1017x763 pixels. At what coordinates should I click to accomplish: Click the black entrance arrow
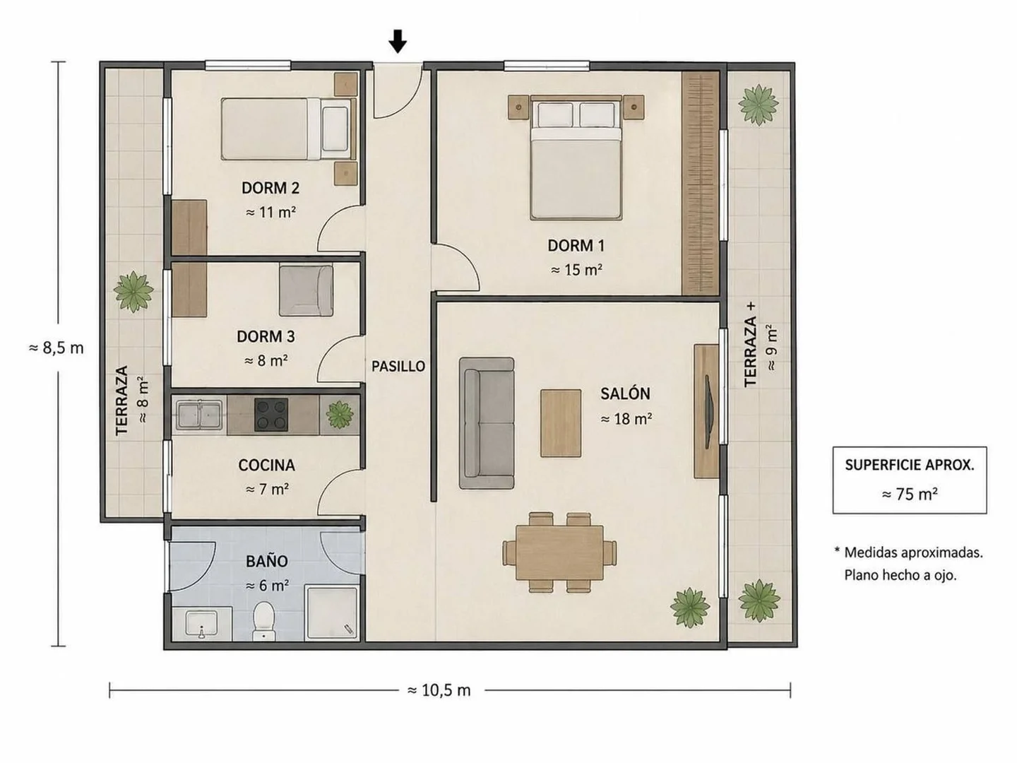398,42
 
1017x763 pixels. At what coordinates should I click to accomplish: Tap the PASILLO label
398,367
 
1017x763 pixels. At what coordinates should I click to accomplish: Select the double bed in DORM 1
576,158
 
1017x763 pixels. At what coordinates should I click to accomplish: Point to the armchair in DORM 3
306,290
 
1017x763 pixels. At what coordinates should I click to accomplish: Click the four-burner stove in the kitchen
271,415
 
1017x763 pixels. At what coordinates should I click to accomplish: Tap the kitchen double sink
199,414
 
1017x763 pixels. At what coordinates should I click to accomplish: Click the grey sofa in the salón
487,423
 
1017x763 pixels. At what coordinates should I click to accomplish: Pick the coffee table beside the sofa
561,423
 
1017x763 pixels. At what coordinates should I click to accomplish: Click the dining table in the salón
559,552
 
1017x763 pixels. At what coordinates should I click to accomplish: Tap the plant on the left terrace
133,292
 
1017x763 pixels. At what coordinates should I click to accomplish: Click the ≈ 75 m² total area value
910,495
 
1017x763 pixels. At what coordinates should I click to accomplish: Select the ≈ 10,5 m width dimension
439,690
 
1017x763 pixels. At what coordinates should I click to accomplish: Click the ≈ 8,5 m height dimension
56,348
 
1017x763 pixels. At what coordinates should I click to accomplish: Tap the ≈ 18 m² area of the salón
626,419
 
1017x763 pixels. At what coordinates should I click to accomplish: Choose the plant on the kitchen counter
340,415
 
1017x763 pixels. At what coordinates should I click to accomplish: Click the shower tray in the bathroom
332,613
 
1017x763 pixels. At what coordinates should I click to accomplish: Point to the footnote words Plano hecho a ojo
900,575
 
